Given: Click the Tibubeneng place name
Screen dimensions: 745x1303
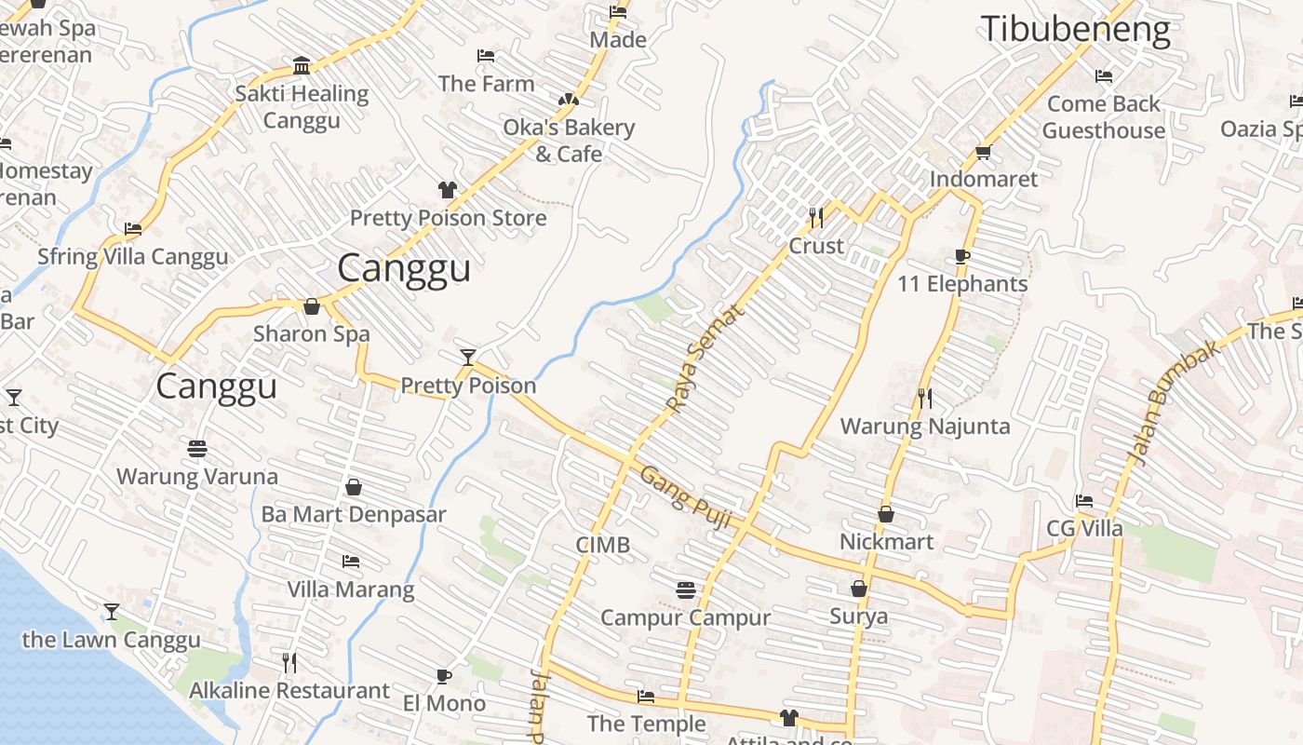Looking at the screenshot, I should (1075, 30).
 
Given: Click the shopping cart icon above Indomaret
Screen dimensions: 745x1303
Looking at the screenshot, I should (984, 152).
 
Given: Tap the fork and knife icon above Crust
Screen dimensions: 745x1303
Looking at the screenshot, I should (816, 218).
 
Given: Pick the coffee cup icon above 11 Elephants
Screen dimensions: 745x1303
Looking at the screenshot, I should (962, 256).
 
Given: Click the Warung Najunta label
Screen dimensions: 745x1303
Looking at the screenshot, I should (924, 427).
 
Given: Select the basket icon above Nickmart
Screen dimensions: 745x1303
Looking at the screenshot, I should (886, 514).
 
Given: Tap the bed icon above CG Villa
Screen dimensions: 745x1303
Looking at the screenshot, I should (1084, 501).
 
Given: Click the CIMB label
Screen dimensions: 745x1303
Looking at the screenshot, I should (602, 545).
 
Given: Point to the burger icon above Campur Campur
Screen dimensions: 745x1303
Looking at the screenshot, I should (686, 589).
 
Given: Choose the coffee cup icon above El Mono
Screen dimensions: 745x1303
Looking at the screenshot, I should (444, 676).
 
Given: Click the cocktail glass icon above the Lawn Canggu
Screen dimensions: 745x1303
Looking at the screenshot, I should (112, 612).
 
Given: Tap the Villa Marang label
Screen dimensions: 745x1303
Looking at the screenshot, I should (350, 589).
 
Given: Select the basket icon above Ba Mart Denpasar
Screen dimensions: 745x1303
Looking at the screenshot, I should (354, 487).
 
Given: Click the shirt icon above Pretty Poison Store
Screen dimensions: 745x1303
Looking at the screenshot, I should (448, 190).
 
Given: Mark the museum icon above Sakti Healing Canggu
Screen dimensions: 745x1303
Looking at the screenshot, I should (302, 66).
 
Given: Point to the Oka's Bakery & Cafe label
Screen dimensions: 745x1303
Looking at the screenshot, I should (569, 140).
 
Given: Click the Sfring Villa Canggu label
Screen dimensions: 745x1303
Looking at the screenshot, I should (132, 257).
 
